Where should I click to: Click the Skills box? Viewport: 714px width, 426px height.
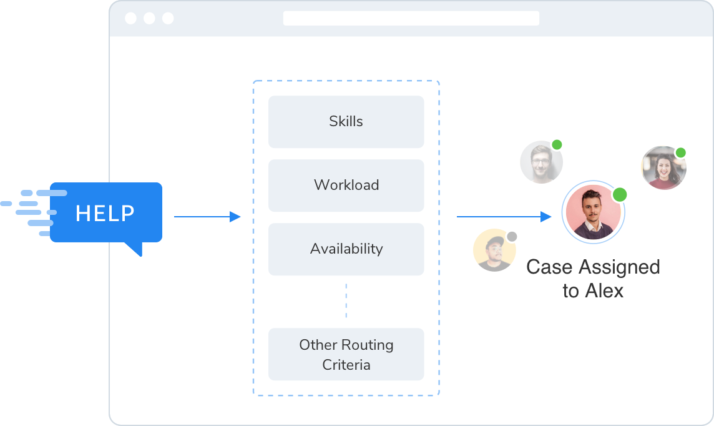(346, 122)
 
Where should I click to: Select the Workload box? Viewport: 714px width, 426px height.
(346, 186)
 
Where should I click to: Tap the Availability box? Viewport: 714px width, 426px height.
(346, 249)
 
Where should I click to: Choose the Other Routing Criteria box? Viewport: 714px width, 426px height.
(346, 354)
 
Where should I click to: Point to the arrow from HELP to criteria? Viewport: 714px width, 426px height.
(207, 217)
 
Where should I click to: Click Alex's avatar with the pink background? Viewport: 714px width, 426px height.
(593, 212)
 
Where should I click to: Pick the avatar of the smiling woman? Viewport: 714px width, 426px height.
(663, 167)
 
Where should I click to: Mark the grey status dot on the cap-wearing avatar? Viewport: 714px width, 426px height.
(512, 237)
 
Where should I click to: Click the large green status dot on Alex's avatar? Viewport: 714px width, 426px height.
(619, 194)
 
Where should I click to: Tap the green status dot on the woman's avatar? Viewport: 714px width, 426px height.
(680, 152)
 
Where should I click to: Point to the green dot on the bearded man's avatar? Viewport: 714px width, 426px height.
(557, 145)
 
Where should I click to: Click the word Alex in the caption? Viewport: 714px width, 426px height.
(604, 291)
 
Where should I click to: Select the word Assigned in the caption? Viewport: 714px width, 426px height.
(620, 267)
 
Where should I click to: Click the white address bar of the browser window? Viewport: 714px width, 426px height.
(411, 18)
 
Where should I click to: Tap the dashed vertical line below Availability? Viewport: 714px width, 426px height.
(346, 301)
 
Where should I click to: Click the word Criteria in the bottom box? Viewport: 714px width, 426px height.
(346, 365)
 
